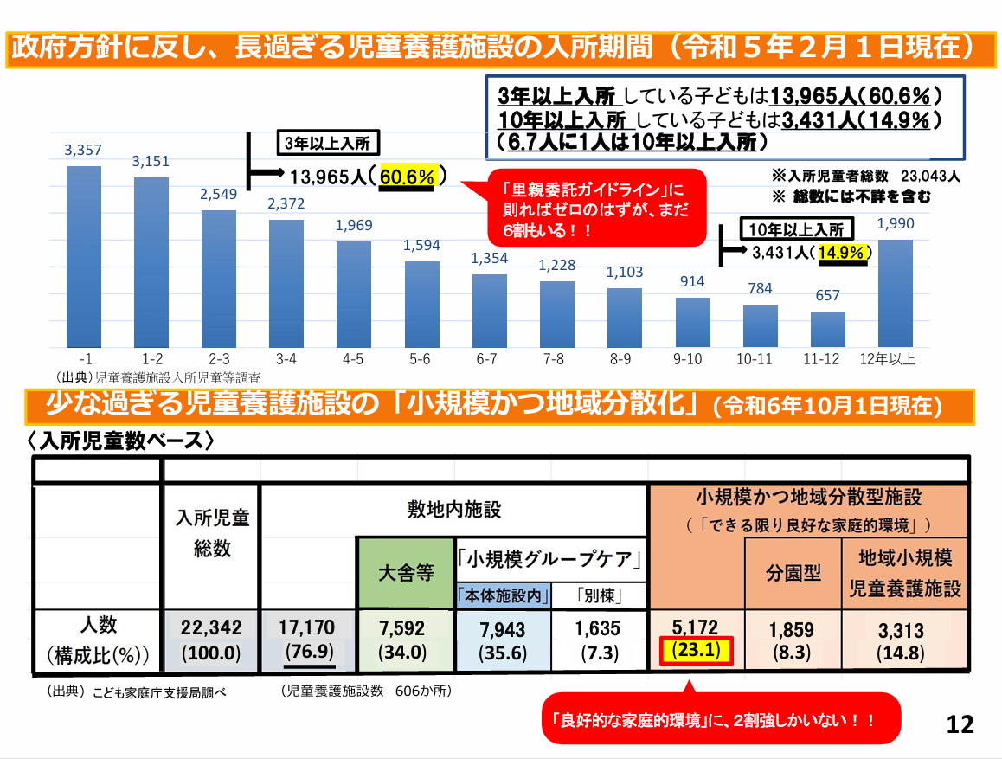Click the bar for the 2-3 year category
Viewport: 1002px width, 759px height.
(x=218, y=278)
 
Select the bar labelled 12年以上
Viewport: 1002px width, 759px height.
(x=896, y=293)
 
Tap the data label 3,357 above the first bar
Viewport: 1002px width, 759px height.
(x=83, y=151)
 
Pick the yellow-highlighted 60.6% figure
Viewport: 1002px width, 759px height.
(x=407, y=177)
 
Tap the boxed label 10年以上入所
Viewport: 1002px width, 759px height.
(x=797, y=229)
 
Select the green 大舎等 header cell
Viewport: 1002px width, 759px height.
(x=405, y=573)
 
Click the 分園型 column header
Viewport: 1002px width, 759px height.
(x=793, y=573)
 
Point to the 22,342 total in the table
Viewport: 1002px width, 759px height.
(x=211, y=628)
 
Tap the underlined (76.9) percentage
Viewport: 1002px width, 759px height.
(x=308, y=652)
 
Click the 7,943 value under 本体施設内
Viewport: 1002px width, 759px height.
(x=501, y=629)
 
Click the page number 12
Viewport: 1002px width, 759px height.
(x=960, y=724)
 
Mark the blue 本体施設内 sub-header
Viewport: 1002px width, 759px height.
(x=503, y=595)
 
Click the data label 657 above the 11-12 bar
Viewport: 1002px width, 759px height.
(x=827, y=296)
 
